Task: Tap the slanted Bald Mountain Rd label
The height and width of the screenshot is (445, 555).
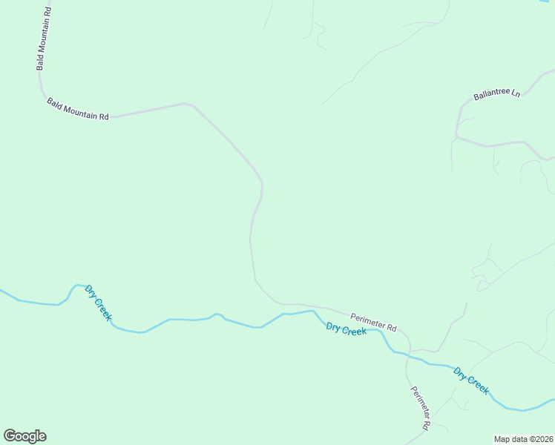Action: pyautogui.click(x=78, y=109)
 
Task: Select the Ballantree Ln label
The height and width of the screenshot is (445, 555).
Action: pyautogui.click(x=496, y=94)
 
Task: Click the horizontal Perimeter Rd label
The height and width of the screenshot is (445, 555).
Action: pyautogui.click(x=373, y=322)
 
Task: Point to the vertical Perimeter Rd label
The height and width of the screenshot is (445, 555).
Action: pyautogui.click(x=420, y=408)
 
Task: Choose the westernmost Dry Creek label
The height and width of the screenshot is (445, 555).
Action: pyautogui.click(x=98, y=303)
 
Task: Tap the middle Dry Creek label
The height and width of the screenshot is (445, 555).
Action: pyautogui.click(x=346, y=329)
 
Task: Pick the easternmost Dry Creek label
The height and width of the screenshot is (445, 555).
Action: pyautogui.click(x=471, y=381)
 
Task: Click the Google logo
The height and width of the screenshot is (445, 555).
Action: pyautogui.click(x=24, y=436)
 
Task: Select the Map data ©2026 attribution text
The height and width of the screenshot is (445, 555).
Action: pyautogui.click(x=522, y=438)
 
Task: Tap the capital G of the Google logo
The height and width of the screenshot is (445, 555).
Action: pyautogui.click(x=10, y=436)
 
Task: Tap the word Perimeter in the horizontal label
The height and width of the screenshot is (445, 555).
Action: pyautogui.click(x=367, y=320)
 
